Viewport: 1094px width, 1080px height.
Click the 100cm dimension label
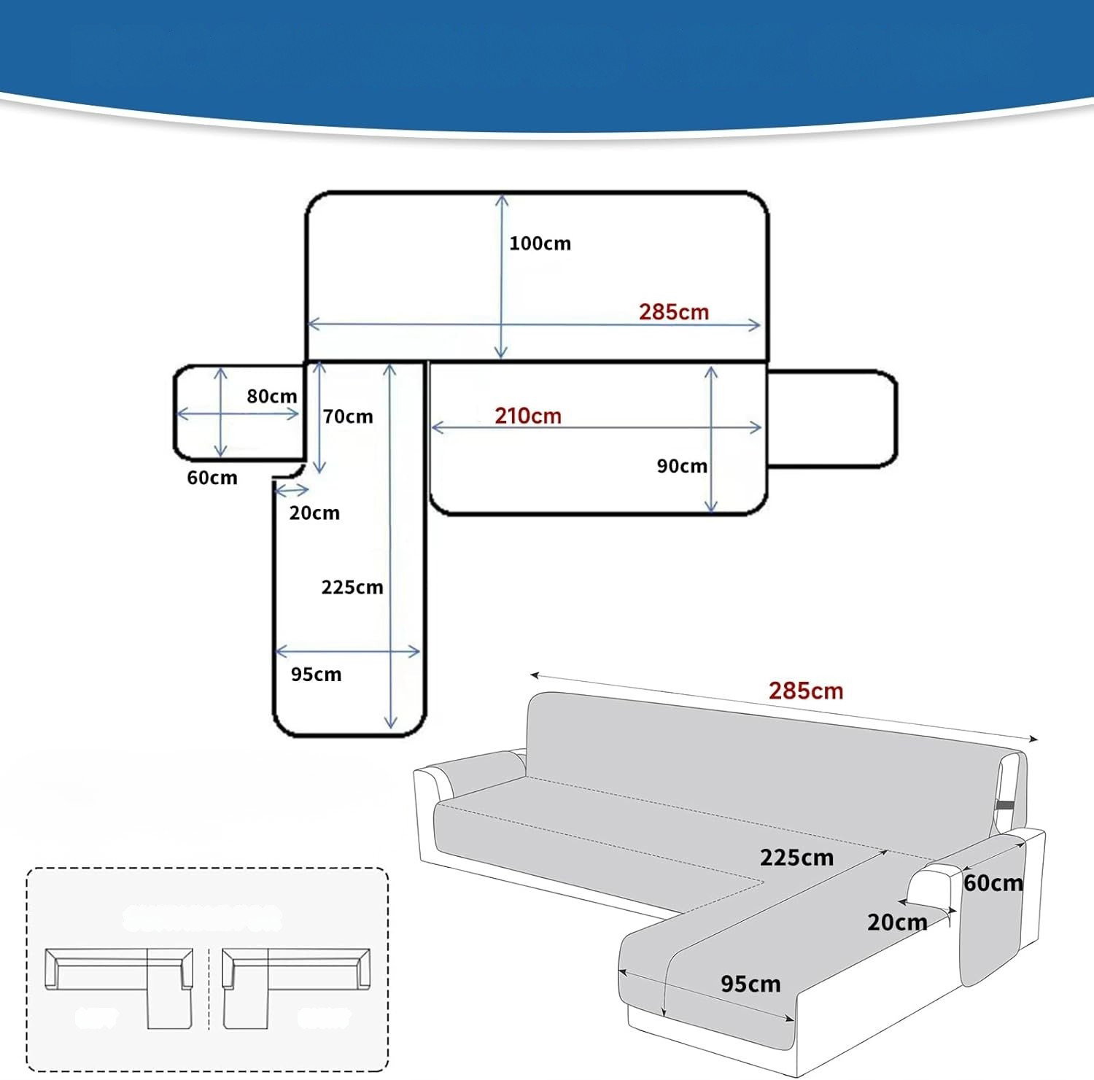point(540,244)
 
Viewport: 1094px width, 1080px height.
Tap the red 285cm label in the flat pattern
point(674,312)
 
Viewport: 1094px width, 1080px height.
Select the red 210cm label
point(528,416)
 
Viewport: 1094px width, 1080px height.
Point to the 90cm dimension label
point(682,466)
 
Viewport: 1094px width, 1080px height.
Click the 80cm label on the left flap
point(271,397)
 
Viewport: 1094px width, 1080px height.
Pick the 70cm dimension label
point(348,417)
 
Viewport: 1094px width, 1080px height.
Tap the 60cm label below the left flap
point(212,478)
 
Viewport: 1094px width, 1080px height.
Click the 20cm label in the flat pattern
point(314,513)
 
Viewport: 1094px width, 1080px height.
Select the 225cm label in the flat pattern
point(352,588)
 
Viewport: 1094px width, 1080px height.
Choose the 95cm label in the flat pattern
point(316,675)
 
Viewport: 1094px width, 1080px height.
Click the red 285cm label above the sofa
point(806,691)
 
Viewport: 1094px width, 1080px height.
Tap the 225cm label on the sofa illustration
point(796,858)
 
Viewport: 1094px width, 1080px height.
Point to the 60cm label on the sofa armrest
point(993,883)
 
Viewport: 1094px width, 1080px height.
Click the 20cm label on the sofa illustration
point(897,922)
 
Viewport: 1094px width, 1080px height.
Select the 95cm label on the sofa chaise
point(750,984)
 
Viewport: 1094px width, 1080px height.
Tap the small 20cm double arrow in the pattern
point(292,489)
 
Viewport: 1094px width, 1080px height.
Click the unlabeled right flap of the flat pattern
point(831,419)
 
